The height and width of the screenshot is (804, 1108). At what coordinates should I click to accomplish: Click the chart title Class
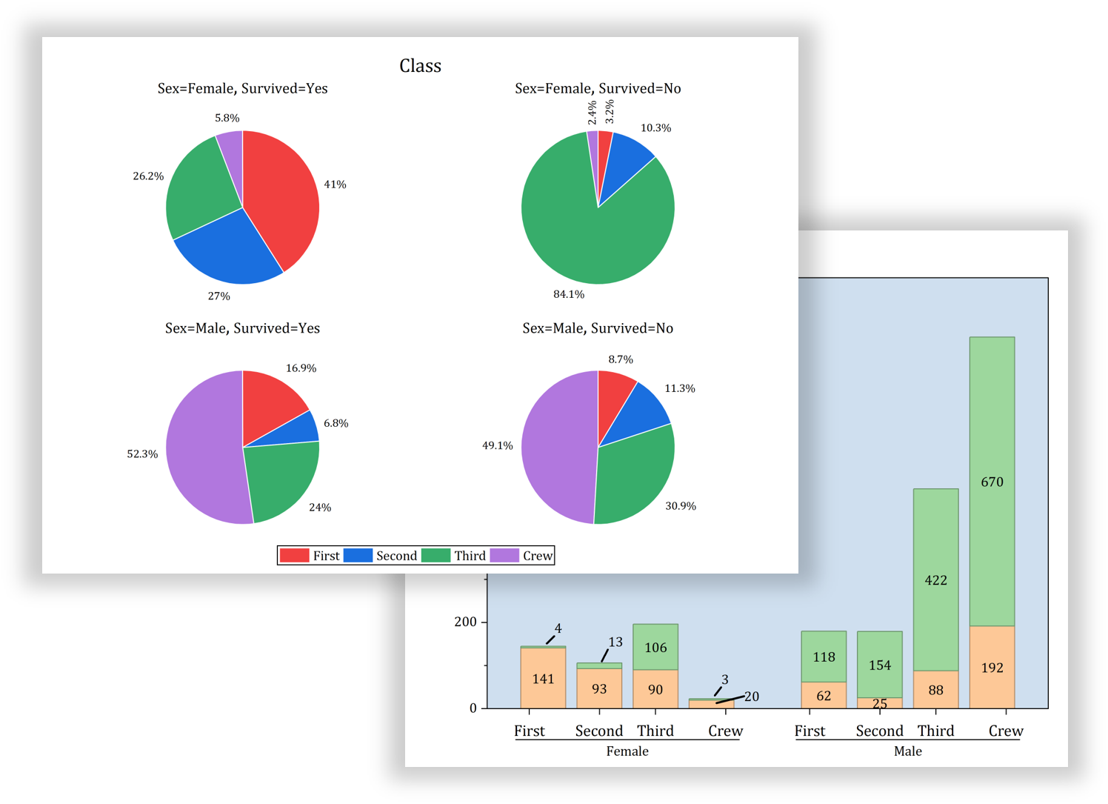coord(420,66)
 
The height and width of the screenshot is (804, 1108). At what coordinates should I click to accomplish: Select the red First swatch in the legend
coord(294,556)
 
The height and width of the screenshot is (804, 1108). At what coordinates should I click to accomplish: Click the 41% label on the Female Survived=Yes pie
coord(335,185)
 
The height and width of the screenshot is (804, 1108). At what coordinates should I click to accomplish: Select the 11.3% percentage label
coord(679,388)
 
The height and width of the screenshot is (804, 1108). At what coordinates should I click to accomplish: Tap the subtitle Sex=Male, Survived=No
coord(598,328)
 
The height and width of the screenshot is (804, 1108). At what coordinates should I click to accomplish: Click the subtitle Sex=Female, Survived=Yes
coord(242,88)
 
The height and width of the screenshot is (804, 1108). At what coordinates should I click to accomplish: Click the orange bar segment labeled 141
coord(543,678)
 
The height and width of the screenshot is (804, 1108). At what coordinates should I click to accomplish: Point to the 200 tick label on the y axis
coord(465,622)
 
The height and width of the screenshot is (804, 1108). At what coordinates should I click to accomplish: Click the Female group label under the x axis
coord(627,751)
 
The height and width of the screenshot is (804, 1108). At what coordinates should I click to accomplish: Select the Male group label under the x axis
coord(907,751)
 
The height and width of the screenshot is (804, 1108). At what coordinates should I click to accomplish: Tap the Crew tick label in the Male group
coord(1005,731)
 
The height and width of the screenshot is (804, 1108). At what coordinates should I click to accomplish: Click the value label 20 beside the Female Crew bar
coord(752,697)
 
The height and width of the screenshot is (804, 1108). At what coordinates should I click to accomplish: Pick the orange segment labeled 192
coord(992,668)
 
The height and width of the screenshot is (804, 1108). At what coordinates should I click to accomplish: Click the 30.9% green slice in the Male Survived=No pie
coord(637,474)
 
